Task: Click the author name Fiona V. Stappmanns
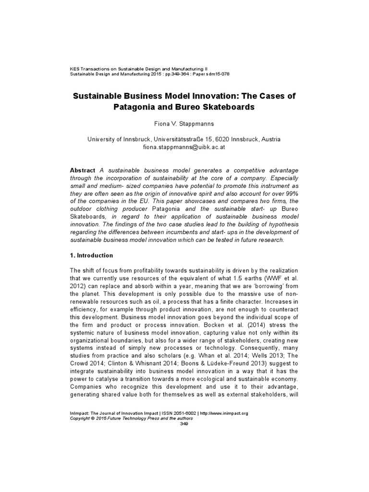click(x=184, y=123)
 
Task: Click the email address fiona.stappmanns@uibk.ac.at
click(x=184, y=148)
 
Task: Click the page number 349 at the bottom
click(x=184, y=423)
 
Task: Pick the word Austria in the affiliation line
click(x=270, y=139)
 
